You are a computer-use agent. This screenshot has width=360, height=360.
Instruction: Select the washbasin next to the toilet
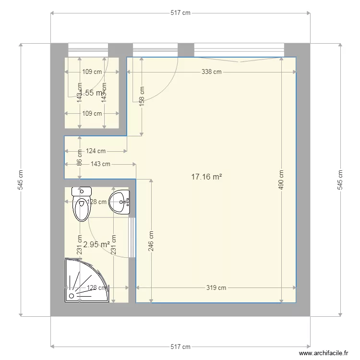click(x=120, y=202)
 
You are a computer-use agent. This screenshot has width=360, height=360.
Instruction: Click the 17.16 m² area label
click(x=206, y=177)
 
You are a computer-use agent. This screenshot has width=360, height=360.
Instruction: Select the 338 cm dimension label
click(x=211, y=72)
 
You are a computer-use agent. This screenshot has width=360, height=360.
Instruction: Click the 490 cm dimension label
click(x=281, y=180)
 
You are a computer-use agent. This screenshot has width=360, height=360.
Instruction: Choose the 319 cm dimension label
click(x=216, y=288)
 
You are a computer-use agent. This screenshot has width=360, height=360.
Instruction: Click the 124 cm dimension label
click(x=96, y=151)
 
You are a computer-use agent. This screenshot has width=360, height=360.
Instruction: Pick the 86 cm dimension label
click(x=80, y=157)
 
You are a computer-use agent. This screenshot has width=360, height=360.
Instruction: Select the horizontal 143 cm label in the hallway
click(x=100, y=164)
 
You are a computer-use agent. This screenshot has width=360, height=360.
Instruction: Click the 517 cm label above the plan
click(x=180, y=13)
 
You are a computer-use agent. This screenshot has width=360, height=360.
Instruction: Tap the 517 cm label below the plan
click(x=180, y=347)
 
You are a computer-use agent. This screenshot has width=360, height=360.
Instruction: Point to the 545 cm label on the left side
click(x=20, y=180)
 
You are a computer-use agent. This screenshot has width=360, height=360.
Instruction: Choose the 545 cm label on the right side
click(x=340, y=180)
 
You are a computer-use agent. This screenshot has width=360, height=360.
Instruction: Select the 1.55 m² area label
click(x=92, y=93)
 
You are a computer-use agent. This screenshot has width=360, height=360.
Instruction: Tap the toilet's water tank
click(x=81, y=192)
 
